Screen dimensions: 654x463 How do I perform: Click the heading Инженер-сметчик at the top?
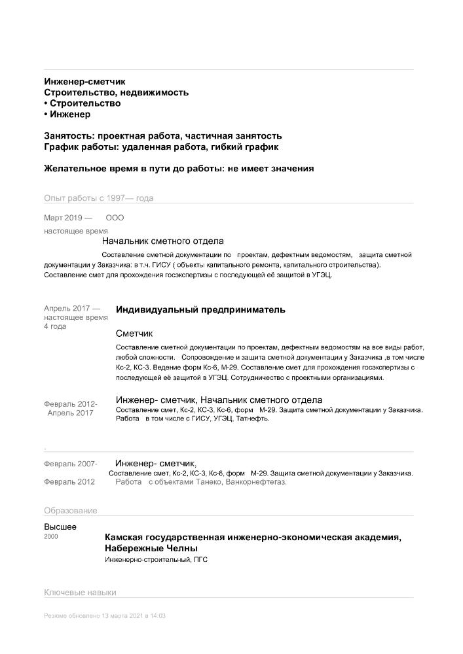(x=84, y=82)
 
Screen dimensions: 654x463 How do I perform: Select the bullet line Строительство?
(x=84, y=103)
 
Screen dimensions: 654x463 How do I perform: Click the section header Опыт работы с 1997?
(x=98, y=198)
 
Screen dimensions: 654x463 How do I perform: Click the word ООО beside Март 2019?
(x=115, y=218)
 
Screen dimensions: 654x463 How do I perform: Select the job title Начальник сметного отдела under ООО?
(x=163, y=241)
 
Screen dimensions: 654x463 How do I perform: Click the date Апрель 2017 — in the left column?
(x=72, y=308)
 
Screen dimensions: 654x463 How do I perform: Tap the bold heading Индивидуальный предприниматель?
(x=200, y=310)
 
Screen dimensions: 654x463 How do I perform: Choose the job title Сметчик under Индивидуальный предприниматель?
(x=134, y=333)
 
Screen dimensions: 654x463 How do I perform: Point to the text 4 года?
(x=55, y=326)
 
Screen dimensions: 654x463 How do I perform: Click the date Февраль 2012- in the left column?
(x=71, y=404)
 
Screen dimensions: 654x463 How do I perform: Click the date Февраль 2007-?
(x=71, y=464)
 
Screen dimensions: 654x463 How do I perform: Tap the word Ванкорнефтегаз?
(x=255, y=482)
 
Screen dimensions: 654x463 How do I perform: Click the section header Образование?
(x=71, y=511)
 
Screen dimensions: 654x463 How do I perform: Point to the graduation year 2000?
(x=51, y=536)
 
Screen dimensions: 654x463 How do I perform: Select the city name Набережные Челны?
(x=151, y=548)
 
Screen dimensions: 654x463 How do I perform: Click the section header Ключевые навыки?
(x=80, y=593)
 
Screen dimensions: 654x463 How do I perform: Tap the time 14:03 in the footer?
(x=157, y=616)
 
